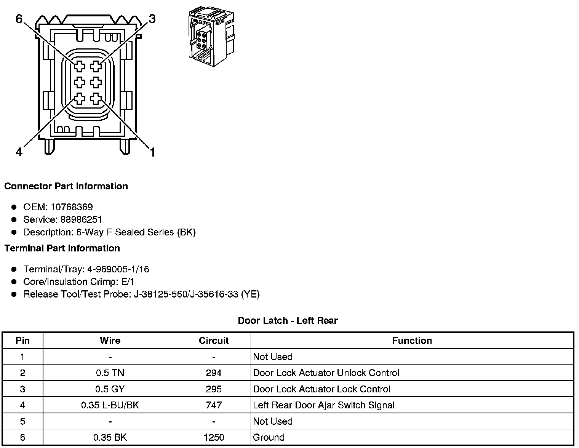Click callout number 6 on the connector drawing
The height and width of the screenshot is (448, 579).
[19, 18]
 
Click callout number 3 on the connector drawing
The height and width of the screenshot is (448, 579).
[152, 19]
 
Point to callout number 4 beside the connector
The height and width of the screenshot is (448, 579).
[19, 152]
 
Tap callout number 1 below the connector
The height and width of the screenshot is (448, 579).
[152, 153]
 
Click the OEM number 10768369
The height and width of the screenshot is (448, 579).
[72, 207]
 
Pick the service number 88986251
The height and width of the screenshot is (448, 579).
[81, 220]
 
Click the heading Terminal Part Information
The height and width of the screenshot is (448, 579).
[62, 248]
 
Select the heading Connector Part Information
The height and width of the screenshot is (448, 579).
[66, 186]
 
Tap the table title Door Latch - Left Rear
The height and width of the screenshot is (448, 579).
[288, 321]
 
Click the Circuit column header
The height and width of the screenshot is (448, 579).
[214, 341]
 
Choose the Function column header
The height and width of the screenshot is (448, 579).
[412, 341]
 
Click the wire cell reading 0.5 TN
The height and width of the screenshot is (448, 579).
[110, 373]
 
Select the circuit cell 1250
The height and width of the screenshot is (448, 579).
[214, 438]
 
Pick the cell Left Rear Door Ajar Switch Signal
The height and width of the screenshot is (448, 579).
[324, 405]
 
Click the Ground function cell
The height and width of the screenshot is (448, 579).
[269, 438]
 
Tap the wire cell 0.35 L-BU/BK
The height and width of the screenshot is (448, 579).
[110, 405]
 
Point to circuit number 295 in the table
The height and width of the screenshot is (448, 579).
[214, 389]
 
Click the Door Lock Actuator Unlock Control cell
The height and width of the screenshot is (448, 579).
[326, 373]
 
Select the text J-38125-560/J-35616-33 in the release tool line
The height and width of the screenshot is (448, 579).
[186, 294]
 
